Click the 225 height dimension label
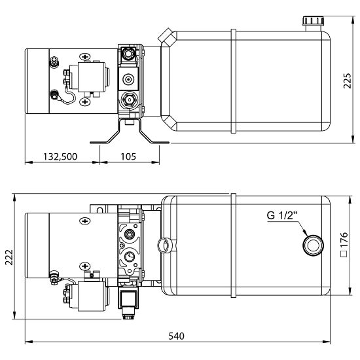[x=348, y=81]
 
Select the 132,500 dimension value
[x=60, y=156]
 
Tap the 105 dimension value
[x=128, y=156]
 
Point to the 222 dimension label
[x=9, y=257]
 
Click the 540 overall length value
[x=176, y=336]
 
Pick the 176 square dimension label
[x=344, y=244]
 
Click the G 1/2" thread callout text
[x=282, y=215]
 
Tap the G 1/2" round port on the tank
[x=313, y=245]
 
